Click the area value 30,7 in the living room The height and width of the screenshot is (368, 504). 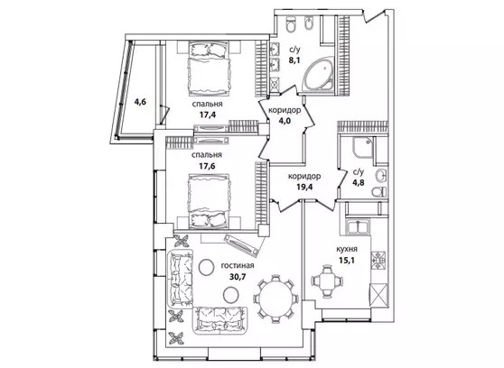[238, 277]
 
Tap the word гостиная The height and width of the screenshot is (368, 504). [238, 265]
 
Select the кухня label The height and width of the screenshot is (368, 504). [347, 249]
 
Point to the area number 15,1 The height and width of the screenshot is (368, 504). [347, 260]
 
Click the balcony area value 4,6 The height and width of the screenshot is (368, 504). [140, 102]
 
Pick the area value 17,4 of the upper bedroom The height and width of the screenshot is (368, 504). [208, 115]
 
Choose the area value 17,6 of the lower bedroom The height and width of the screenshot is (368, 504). [208, 166]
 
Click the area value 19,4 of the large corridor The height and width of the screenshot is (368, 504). [304, 188]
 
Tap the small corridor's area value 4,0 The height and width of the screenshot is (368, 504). [285, 122]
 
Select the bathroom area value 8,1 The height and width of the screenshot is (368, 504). [294, 60]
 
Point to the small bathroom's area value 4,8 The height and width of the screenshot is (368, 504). [358, 183]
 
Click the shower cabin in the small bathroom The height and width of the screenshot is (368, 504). [363, 148]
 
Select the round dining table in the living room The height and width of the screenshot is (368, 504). [276, 299]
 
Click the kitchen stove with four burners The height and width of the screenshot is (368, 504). [379, 260]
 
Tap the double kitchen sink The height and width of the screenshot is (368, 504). [358, 225]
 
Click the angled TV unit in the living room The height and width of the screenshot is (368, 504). [242, 245]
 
